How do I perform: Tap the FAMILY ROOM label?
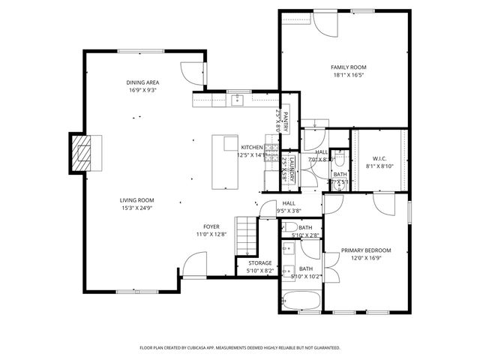click(347, 67)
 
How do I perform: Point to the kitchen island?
click(225, 161)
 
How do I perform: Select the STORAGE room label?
click(254, 262)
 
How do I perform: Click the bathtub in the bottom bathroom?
click(301, 301)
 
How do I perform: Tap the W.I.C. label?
click(379, 157)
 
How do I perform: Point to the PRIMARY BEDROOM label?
click(366, 250)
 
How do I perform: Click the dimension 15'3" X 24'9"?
click(136, 208)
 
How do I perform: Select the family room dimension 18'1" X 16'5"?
click(347, 75)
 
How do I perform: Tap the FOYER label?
click(211, 226)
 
